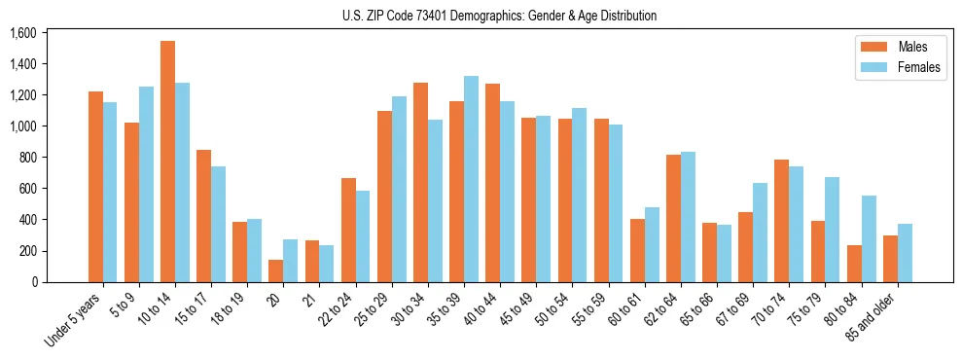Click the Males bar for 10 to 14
(167, 162)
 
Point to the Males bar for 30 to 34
(420, 182)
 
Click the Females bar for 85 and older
(905, 253)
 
